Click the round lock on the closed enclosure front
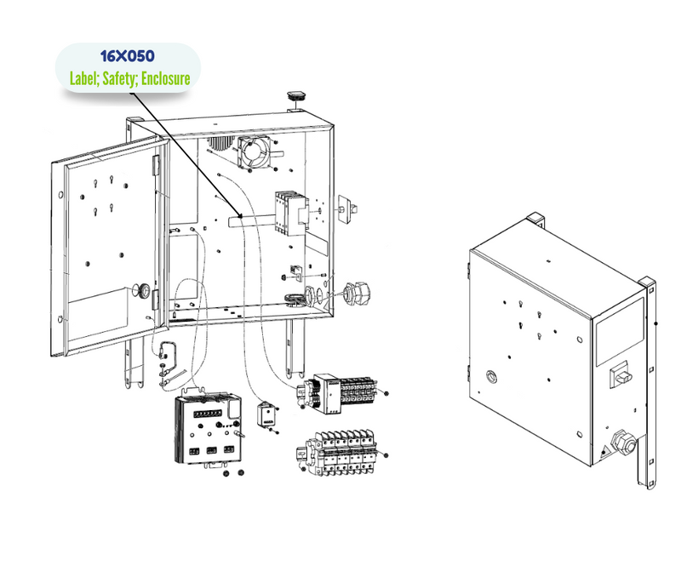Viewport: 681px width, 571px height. coord(491,376)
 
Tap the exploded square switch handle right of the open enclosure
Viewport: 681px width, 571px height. coord(348,205)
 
